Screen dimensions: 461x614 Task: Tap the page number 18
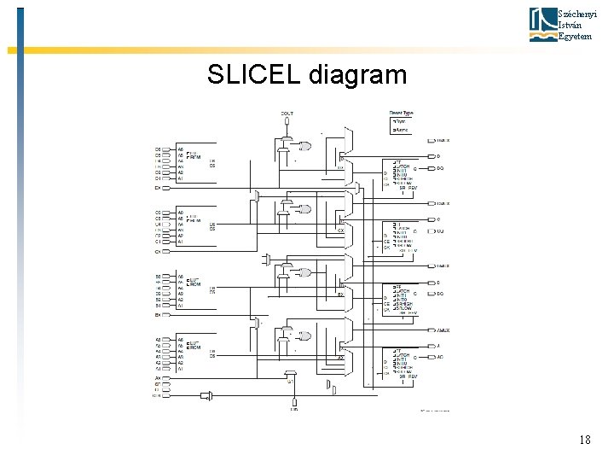coord(584,440)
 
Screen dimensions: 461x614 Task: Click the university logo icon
coord(542,24)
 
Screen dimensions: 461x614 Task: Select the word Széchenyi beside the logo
coord(573,15)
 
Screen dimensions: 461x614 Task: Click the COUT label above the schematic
coord(287,113)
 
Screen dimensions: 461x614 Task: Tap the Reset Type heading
coord(401,113)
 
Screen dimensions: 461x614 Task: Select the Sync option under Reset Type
coord(400,121)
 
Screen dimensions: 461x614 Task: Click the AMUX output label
coord(443,330)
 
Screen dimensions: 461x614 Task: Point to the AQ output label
coord(440,357)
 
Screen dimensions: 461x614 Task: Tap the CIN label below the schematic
coord(293,409)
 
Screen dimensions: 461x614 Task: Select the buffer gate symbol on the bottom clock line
coord(206,395)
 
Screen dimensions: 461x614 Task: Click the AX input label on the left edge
coord(158,378)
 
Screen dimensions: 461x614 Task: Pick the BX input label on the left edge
coord(158,315)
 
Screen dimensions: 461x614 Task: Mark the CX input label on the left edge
coord(158,252)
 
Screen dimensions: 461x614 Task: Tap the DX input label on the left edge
coord(158,187)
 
